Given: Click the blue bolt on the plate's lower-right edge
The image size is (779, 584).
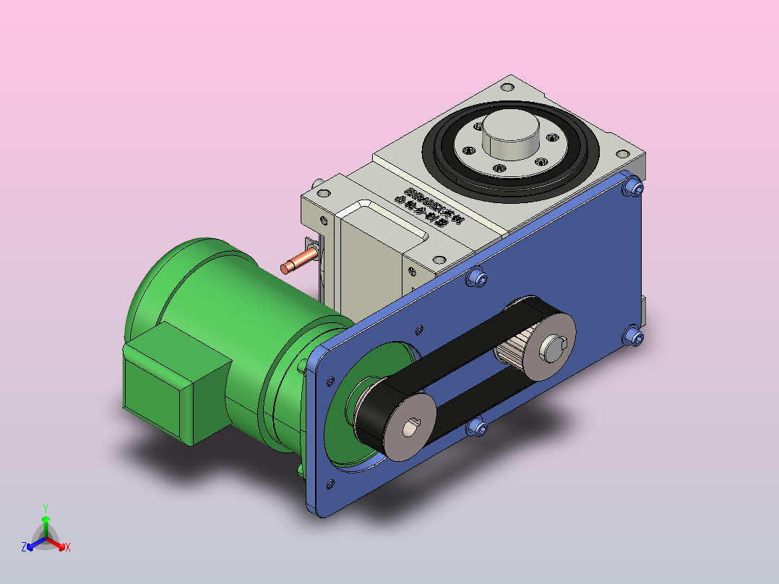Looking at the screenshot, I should pyautogui.click(x=634, y=337).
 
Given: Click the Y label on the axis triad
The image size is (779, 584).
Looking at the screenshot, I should pyautogui.click(x=45, y=508).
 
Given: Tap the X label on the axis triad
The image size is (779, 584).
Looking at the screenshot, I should pyautogui.click(x=68, y=547).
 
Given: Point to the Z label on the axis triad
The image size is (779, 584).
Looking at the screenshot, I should pyautogui.click(x=24, y=547).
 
